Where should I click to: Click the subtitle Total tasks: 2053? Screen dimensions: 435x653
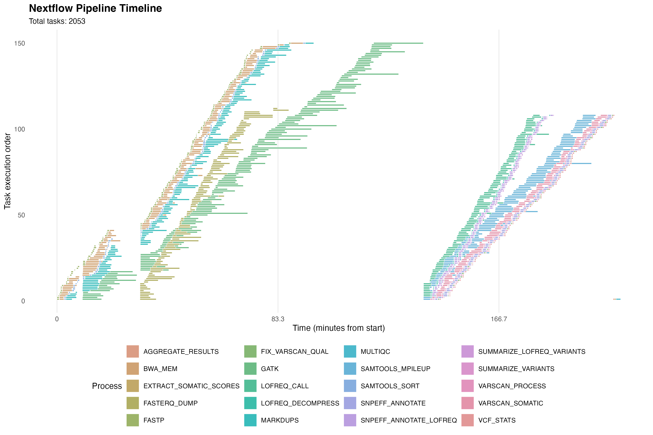(x=57, y=21)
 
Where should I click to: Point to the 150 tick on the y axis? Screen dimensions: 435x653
(x=19, y=43)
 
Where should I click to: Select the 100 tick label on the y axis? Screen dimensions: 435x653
(x=19, y=129)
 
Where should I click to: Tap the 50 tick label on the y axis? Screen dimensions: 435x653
(x=21, y=215)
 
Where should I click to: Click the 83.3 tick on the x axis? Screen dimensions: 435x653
(x=278, y=319)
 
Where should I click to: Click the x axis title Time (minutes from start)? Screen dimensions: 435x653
(x=339, y=328)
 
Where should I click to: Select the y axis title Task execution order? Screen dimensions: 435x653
(x=7, y=171)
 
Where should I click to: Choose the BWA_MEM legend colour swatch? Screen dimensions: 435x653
(x=133, y=369)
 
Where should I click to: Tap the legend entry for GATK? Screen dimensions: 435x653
(x=270, y=369)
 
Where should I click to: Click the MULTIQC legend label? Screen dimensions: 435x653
(x=375, y=351)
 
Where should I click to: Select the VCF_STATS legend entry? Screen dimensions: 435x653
(x=497, y=420)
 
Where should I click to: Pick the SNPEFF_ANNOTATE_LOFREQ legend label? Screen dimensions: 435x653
(x=408, y=420)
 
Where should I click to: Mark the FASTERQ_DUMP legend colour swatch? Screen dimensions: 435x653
(x=133, y=403)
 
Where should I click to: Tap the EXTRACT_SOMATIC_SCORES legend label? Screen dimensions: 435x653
(x=191, y=386)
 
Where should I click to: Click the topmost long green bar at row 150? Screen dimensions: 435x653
(x=398, y=43)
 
